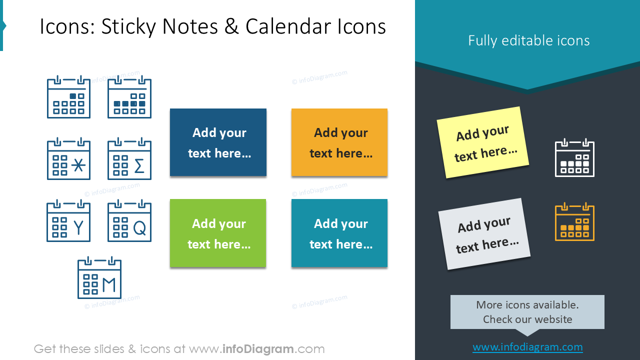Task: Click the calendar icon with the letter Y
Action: [68, 221]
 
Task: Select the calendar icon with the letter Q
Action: [129, 221]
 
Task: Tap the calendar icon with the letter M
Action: [99, 278]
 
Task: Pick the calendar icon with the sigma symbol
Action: [129, 159]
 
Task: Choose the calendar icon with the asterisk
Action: [68, 159]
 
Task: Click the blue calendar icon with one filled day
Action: [68, 97]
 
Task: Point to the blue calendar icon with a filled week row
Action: [129, 97]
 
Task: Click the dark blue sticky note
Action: [218, 142]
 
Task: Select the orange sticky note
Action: [339, 142]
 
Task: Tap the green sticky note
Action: [218, 233]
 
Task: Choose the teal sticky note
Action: [339, 233]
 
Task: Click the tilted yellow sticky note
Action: [482, 142]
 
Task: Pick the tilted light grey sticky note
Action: [484, 233]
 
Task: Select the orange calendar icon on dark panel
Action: [574, 222]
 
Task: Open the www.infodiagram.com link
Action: [527, 347]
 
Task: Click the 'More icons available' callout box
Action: [527, 312]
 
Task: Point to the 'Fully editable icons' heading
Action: [528, 40]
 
